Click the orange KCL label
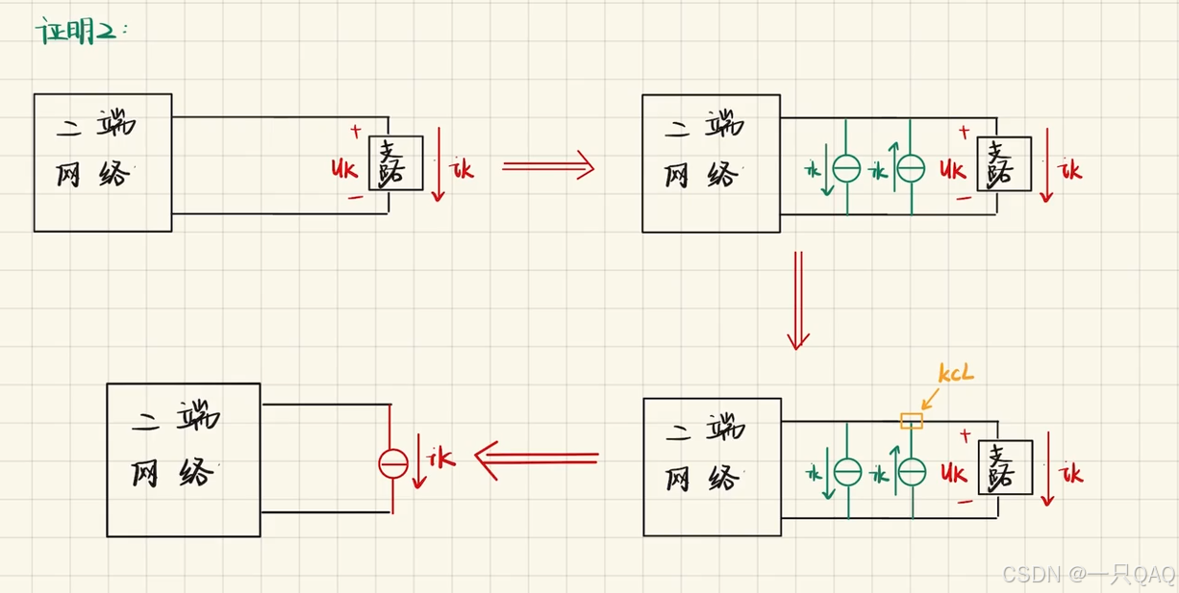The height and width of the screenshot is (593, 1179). (955, 373)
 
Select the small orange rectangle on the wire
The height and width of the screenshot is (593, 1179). (911, 420)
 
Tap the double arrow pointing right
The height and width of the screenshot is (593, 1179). (547, 167)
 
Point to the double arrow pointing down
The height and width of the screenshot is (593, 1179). (797, 300)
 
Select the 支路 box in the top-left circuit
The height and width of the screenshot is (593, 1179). (395, 162)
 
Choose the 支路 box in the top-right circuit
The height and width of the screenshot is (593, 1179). (1004, 163)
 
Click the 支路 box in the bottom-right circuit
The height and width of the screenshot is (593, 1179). (1005, 467)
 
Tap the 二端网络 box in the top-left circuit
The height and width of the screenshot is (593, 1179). (103, 162)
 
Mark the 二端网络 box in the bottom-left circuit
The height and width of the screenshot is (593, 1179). (183, 459)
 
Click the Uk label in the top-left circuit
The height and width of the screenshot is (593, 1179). (343, 167)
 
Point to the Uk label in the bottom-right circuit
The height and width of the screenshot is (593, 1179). (954, 473)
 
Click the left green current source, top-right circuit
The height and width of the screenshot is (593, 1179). (846, 168)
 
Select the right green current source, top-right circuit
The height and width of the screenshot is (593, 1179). (910, 168)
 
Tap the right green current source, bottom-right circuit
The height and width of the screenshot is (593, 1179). (911, 471)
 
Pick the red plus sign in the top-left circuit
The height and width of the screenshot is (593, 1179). (356, 131)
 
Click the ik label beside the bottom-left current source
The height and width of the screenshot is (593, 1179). (441, 458)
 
